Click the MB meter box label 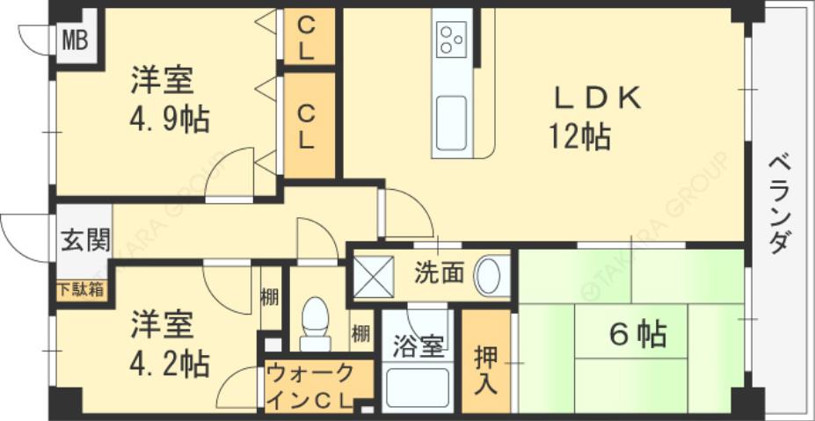point(75,39)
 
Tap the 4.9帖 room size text point(171,120)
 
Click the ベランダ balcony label point(778,204)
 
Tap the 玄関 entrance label point(85,240)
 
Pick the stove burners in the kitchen point(452,40)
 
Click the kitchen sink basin point(452,118)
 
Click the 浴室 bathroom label point(418,348)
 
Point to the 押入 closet point(486,368)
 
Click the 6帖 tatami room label point(637,335)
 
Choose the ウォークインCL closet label point(310,385)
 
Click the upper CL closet point(306,37)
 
